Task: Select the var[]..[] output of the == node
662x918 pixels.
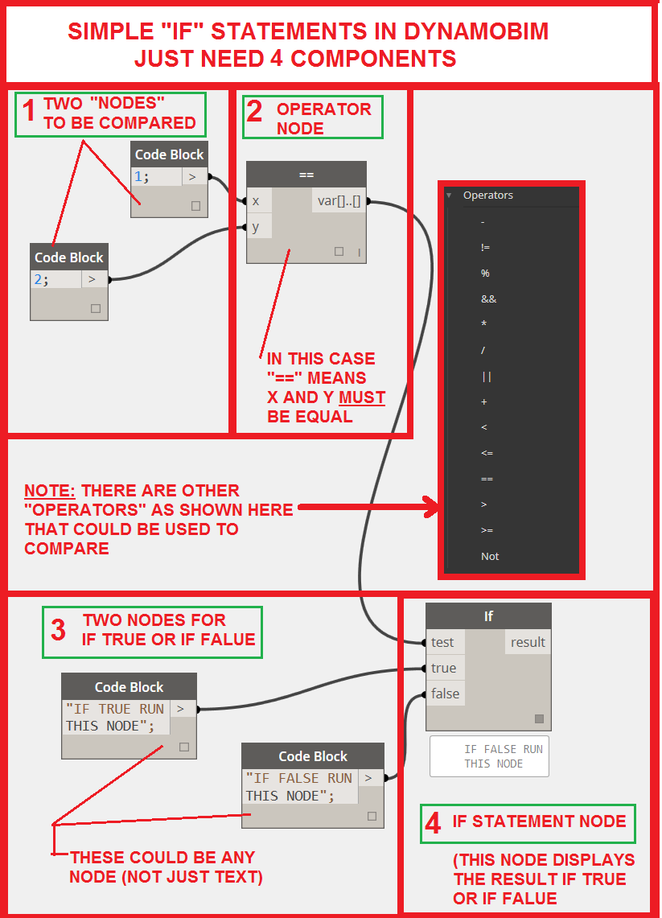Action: (x=339, y=201)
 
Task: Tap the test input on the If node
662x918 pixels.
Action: (x=443, y=642)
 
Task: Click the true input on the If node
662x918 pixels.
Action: (x=443, y=668)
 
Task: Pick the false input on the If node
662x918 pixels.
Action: (x=445, y=694)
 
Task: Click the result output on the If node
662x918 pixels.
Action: (x=528, y=642)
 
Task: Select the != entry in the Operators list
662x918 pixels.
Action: (x=485, y=248)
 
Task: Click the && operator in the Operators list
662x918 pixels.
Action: (x=488, y=299)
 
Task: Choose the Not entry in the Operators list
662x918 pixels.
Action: (x=490, y=556)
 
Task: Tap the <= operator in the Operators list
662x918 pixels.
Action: (x=487, y=453)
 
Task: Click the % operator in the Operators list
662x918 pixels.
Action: (x=485, y=274)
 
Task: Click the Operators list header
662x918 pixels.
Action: (x=487, y=196)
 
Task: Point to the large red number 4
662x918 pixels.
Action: (x=433, y=822)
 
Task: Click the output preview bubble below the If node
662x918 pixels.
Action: (x=489, y=756)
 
